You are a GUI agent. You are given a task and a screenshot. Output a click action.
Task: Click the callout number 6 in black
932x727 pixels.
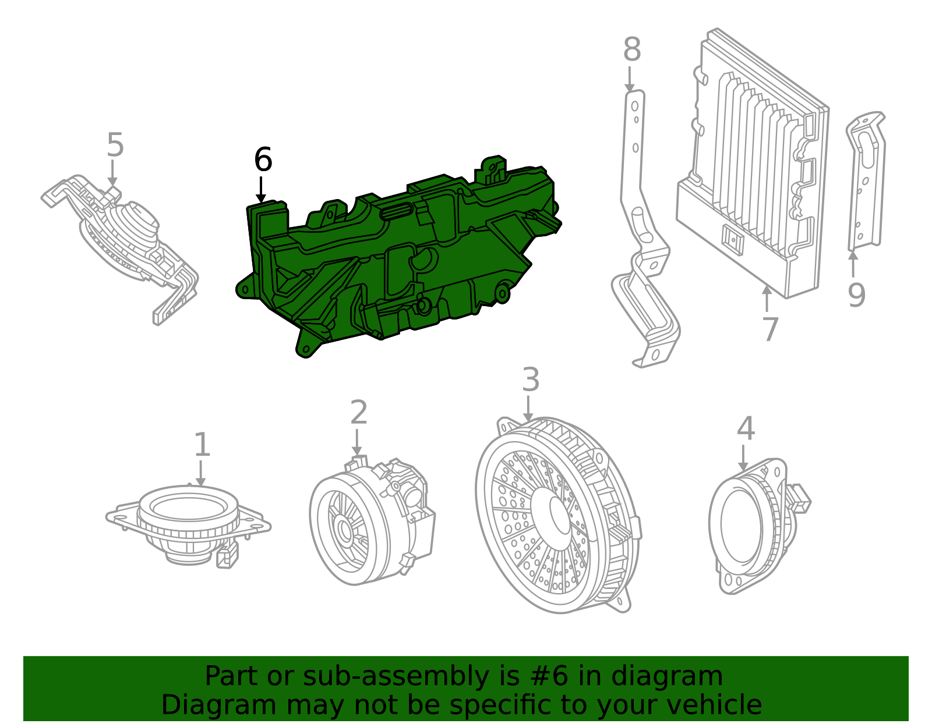(263, 159)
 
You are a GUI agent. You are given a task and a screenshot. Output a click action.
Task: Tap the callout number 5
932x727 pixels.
(115, 145)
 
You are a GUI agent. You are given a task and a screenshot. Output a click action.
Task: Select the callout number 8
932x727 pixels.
(631, 50)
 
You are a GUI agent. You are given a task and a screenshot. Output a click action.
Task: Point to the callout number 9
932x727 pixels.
(856, 295)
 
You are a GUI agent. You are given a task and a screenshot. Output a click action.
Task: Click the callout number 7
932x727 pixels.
(770, 329)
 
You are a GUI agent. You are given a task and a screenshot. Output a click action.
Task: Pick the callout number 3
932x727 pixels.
(530, 380)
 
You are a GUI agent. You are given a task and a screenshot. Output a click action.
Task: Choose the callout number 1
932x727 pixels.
(202, 445)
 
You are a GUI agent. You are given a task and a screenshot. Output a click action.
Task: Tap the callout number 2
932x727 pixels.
(358, 413)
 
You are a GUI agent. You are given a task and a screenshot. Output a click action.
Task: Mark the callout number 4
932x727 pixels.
(746, 429)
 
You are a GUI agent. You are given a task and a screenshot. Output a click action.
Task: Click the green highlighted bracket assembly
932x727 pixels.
(402, 256)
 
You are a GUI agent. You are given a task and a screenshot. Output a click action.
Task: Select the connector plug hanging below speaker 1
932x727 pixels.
(226, 557)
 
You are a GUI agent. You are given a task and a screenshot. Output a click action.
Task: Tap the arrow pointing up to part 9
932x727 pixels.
(853, 263)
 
